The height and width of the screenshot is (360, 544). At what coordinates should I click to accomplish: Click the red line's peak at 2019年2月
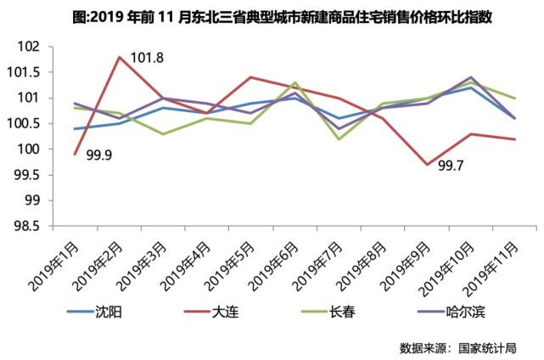click(x=120, y=57)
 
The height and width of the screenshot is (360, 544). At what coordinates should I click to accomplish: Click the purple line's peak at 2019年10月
click(x=472, y=77)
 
